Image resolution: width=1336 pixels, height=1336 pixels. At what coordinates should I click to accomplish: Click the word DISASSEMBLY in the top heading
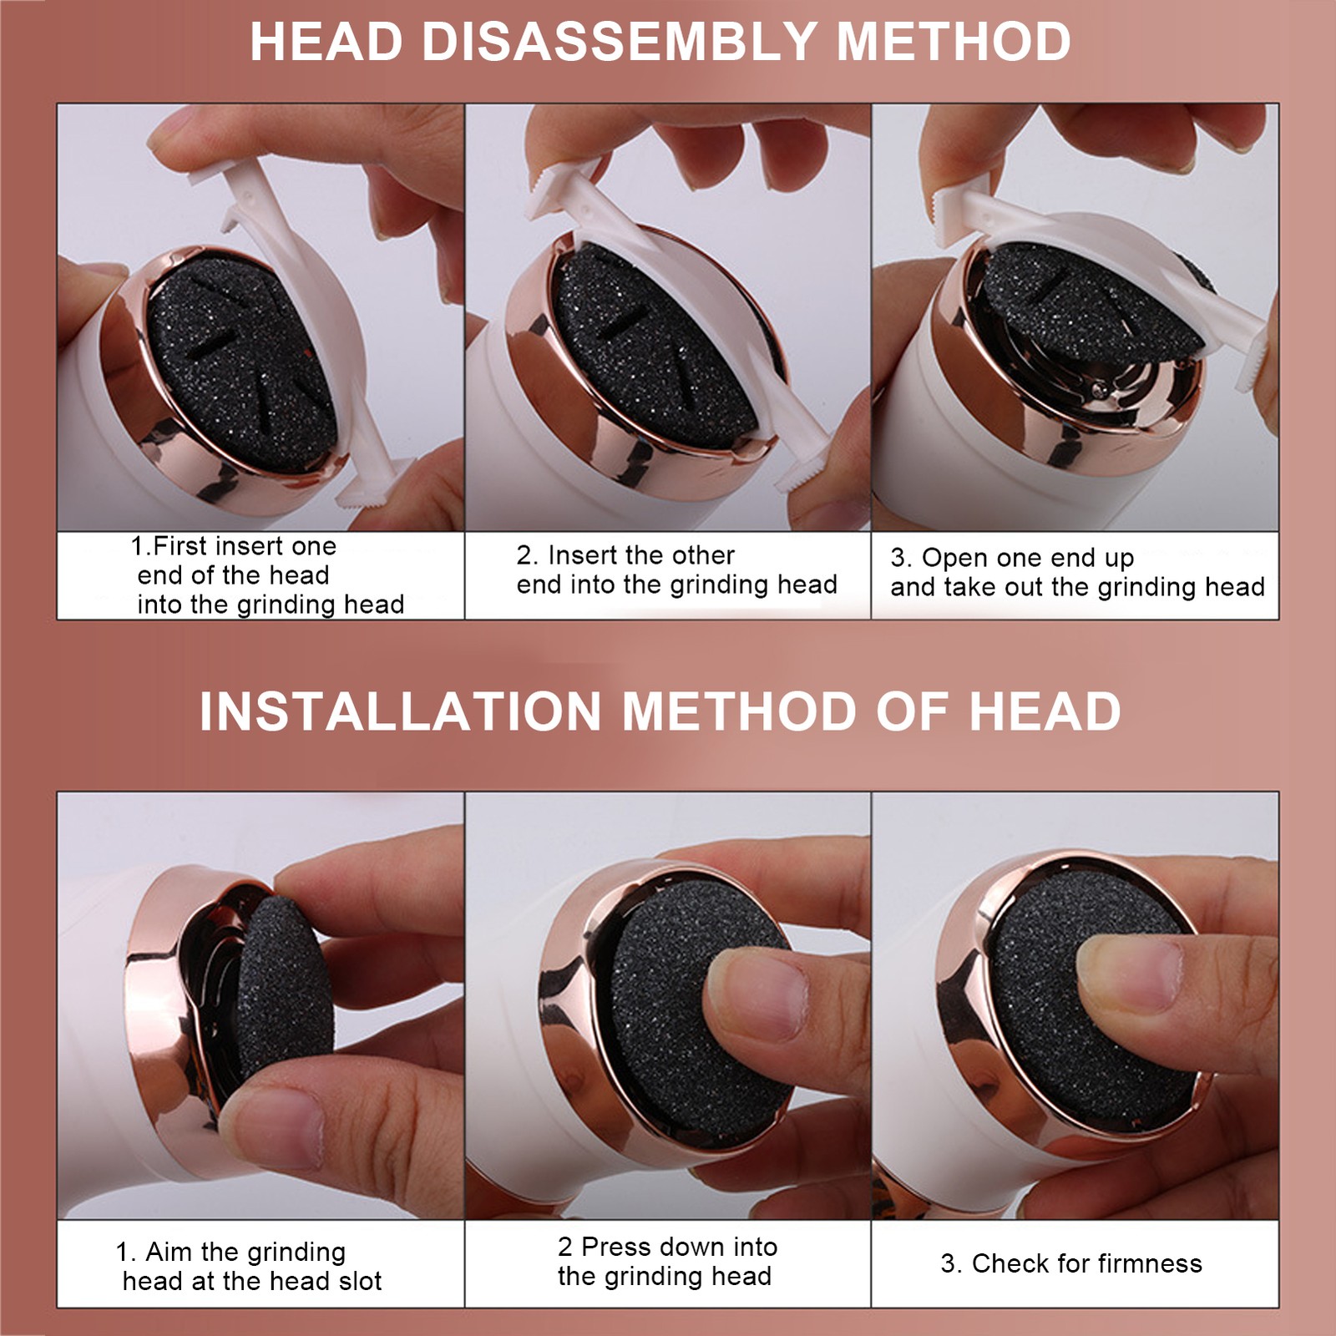[x=619, y=41]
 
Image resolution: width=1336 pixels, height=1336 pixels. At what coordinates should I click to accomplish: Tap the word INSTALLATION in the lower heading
[x=400, y=711]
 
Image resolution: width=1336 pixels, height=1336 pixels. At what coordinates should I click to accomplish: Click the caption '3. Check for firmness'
[x=1071, y=1263]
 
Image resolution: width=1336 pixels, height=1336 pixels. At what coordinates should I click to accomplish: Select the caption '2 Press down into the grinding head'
[x=667, y=1261]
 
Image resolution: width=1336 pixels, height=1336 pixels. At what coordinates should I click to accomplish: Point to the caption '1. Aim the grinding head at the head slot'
[x=250, y=1266]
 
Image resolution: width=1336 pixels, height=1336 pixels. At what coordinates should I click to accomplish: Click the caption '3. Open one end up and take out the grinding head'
[x=1077, y=572]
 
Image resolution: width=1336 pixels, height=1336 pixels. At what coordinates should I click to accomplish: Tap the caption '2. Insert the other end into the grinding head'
[x=676, y=569]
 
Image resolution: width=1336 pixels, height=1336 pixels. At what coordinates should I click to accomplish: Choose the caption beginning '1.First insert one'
[x=267, y=574]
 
